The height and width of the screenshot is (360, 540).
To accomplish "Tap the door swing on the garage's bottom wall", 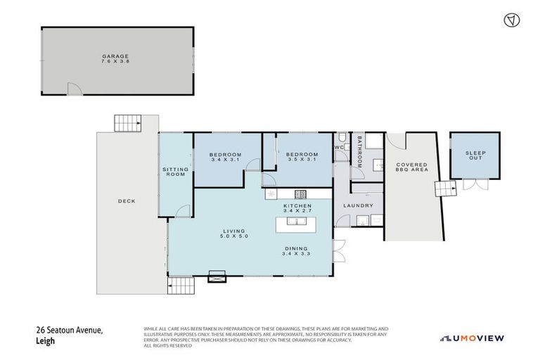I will (x=74, y=88).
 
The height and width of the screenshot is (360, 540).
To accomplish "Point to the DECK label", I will (x=127, y=201).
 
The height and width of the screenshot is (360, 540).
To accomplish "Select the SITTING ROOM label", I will (x=174, y=172).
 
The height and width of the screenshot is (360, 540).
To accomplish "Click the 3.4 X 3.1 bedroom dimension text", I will (x=226, y=160).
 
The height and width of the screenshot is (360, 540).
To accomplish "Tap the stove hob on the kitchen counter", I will (x=300, y=194).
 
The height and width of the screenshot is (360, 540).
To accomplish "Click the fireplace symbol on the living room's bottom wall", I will (x=217, y=278).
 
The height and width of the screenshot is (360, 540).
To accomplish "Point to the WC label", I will (x=338, y=148).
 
